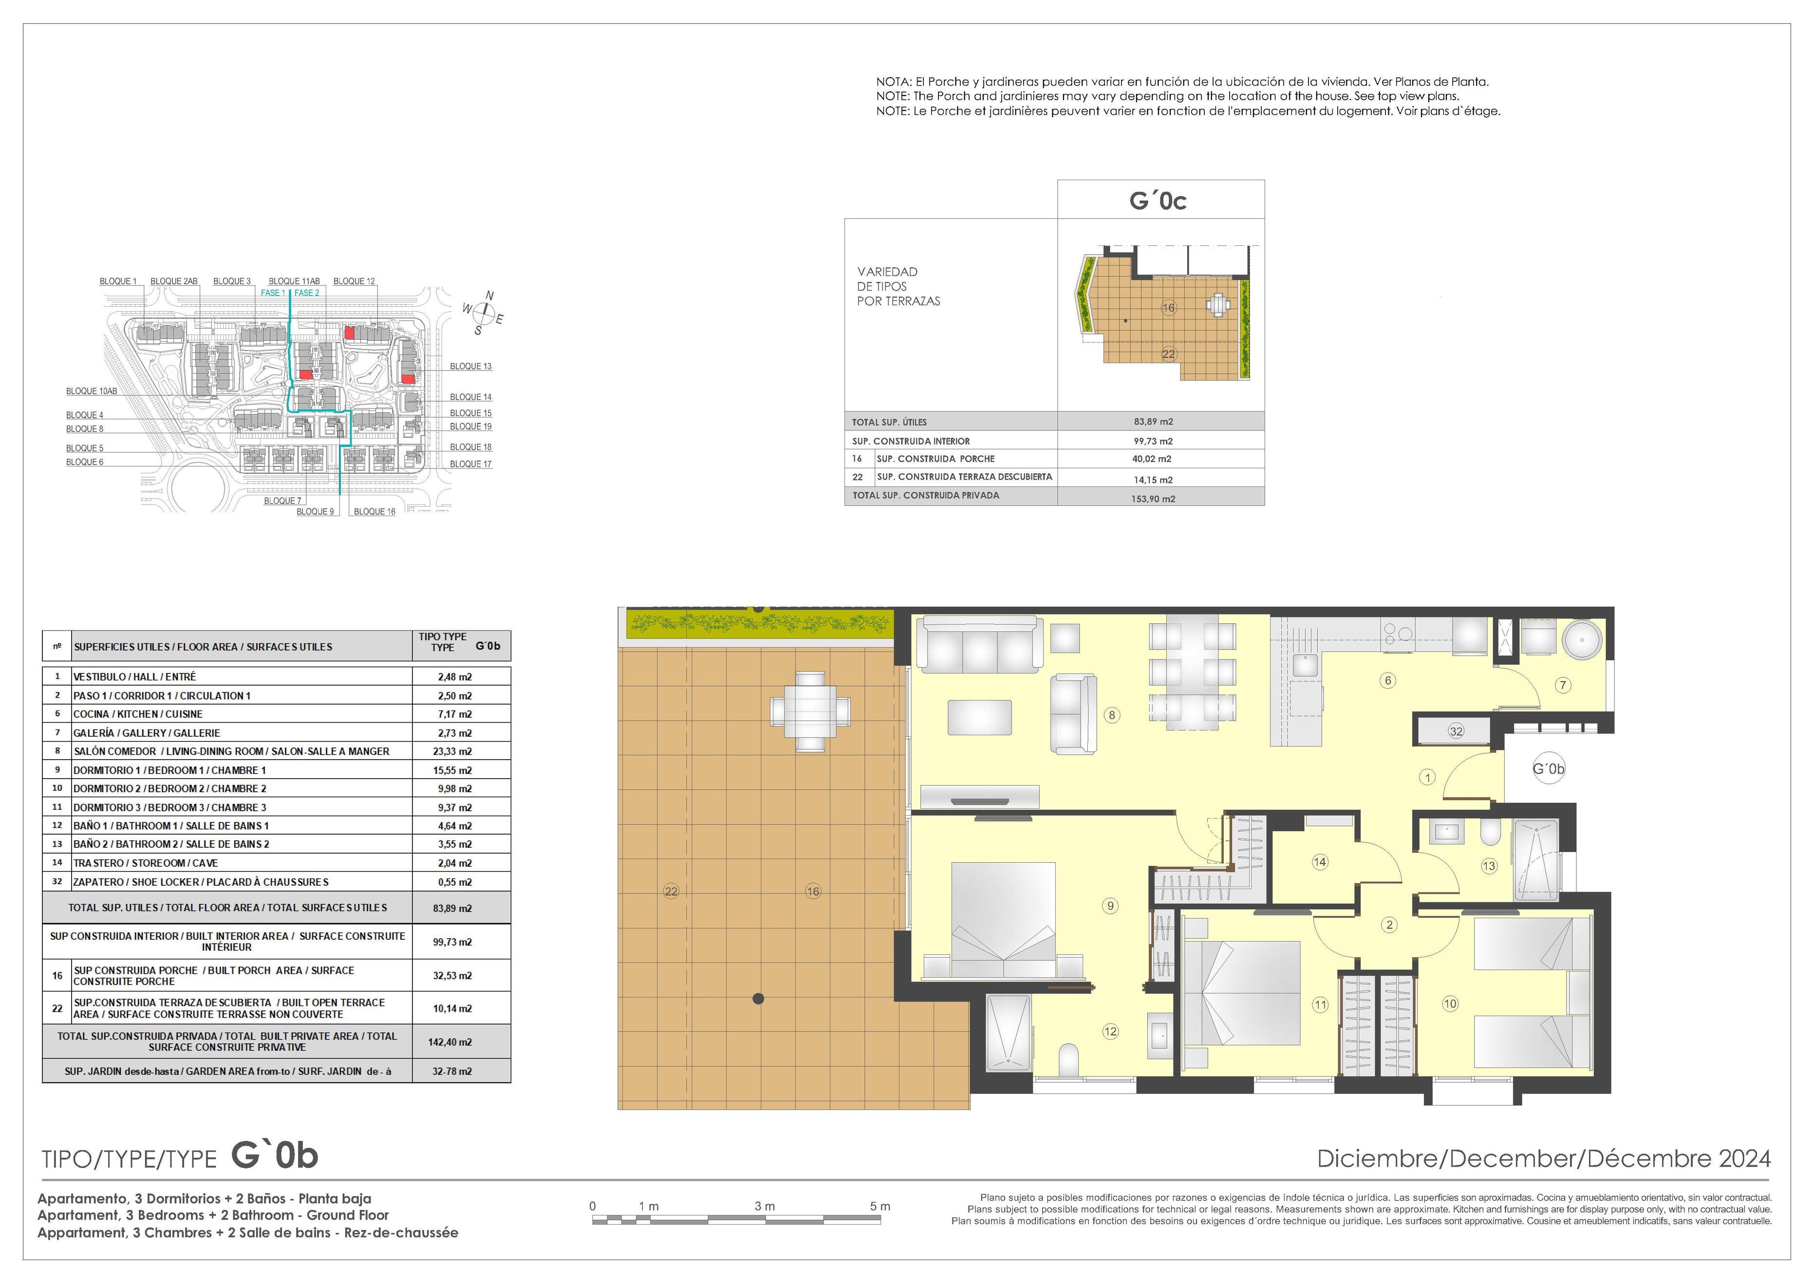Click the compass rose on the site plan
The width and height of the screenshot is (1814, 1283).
[x=484, y=315]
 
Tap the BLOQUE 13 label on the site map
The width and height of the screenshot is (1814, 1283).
[x=471, y=367]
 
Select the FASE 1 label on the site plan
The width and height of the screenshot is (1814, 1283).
[x=273, y=293]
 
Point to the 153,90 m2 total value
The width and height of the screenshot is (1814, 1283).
[x=1154, y=499]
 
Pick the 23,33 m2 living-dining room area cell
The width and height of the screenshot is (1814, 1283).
[x=455, y=751]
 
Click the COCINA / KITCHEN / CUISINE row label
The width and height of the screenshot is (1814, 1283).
[x=138, y=714]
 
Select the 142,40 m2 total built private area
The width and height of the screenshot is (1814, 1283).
[x=450, y=1042]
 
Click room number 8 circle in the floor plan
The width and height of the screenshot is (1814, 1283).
[x=1112, y=716]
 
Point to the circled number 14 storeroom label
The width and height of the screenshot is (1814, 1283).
[x=1319, y=862]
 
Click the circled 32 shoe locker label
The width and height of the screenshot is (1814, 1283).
[x=1456, y=731]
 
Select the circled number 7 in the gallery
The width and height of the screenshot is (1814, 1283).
[x=1563, y=685]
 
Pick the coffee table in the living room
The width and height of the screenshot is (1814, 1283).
[x=980, y=718]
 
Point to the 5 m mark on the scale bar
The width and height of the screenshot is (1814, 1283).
[x=880, y=1207]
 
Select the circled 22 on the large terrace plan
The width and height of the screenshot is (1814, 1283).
[x=671, y=891]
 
